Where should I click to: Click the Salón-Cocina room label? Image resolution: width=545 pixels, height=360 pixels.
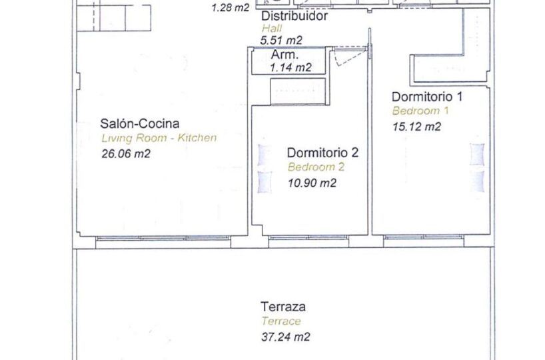(140, 123)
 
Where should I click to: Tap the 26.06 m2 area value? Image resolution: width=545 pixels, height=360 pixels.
(126, 153)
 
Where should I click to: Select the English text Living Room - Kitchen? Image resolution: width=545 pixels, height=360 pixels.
(159, 138)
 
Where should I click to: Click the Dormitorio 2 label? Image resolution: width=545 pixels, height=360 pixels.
(322, 153)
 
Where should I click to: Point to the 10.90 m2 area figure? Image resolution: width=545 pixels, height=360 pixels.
(312, 183)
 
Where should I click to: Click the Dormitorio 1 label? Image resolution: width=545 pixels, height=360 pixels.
(427, 97)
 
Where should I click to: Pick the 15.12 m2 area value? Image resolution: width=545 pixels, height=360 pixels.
(416, 126)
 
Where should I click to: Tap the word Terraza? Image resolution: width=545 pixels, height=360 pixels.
(283, 307)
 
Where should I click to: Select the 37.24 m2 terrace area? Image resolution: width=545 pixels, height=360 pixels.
(285, 337)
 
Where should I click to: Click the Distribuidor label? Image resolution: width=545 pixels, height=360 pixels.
(294, 15)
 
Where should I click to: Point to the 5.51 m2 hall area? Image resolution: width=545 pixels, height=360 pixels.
(281, 41)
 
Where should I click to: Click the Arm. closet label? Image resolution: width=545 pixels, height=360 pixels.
(284, 55)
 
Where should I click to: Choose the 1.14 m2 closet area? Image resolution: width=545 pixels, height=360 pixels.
(290, 67)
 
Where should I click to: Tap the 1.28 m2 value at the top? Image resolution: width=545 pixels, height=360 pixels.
(231, 7)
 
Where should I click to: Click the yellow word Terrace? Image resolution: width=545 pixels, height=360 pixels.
(281, 321)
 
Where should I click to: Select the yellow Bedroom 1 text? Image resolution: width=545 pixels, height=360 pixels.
(420, 111)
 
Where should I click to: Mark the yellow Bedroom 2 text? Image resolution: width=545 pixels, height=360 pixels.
(316, 167)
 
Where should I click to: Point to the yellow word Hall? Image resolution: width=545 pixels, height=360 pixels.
(272, 28)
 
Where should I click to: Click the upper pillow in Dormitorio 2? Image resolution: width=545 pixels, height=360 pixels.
(265, 155)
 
